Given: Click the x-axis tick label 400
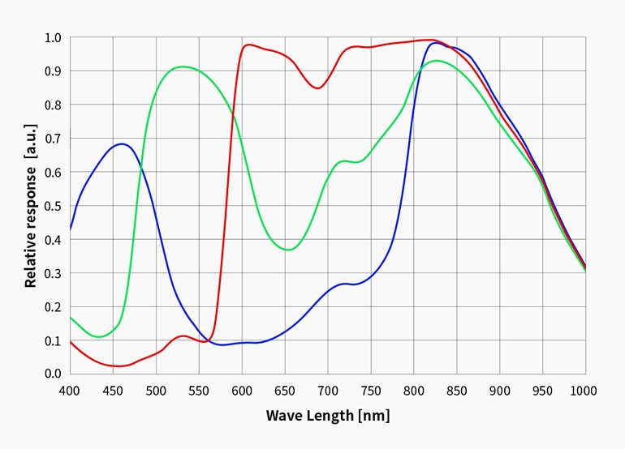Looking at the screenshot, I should (71, 391).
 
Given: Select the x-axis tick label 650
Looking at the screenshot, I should (285, 391).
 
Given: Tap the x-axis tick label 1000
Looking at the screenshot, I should (584, 391).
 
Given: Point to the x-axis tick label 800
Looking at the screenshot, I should (414, 391).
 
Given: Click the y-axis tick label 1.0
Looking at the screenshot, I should (53, 37).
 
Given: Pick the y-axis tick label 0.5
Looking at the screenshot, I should (53, 206).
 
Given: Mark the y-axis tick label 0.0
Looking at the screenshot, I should (53, 374).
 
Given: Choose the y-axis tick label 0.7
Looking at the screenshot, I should (53, 139).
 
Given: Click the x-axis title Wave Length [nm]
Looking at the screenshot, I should (328, 416).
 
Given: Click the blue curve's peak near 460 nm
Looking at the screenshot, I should (122, 144).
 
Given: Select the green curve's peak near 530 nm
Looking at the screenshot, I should (183, 66).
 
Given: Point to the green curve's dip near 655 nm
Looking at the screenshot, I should (288, 250).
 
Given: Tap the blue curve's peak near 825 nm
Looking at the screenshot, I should (436, 42).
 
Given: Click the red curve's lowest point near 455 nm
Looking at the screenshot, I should (119, 366).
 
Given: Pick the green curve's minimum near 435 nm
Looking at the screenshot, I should (100, 336).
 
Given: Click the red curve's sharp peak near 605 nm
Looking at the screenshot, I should (248, 45).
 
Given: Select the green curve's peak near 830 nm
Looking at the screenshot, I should (437, 60).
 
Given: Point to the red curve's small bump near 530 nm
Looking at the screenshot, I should (183, 336).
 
